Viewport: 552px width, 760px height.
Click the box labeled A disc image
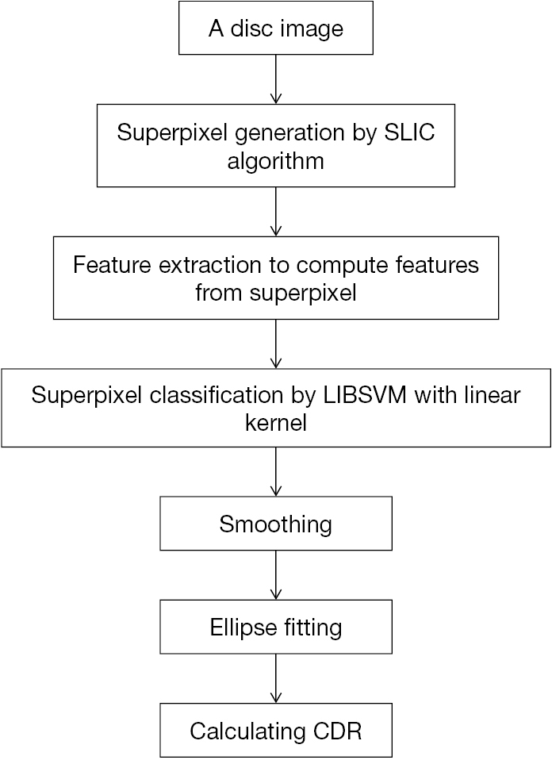coord(276,30)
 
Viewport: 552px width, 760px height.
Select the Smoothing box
coord(276,524)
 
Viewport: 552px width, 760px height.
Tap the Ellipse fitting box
coord(276,628)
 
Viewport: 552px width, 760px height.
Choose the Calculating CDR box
coord(276,730)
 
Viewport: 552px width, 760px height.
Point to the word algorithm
coord(276,161)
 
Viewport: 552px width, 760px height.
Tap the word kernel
coord(276,422)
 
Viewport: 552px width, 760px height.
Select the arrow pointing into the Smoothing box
coord(276,472)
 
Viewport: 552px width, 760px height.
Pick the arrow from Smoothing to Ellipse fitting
coord(276,575)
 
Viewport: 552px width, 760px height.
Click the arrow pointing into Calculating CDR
coord(276,678)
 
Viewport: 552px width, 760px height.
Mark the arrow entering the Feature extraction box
coord(276,213)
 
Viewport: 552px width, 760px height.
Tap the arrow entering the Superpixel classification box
coord(276,344)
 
